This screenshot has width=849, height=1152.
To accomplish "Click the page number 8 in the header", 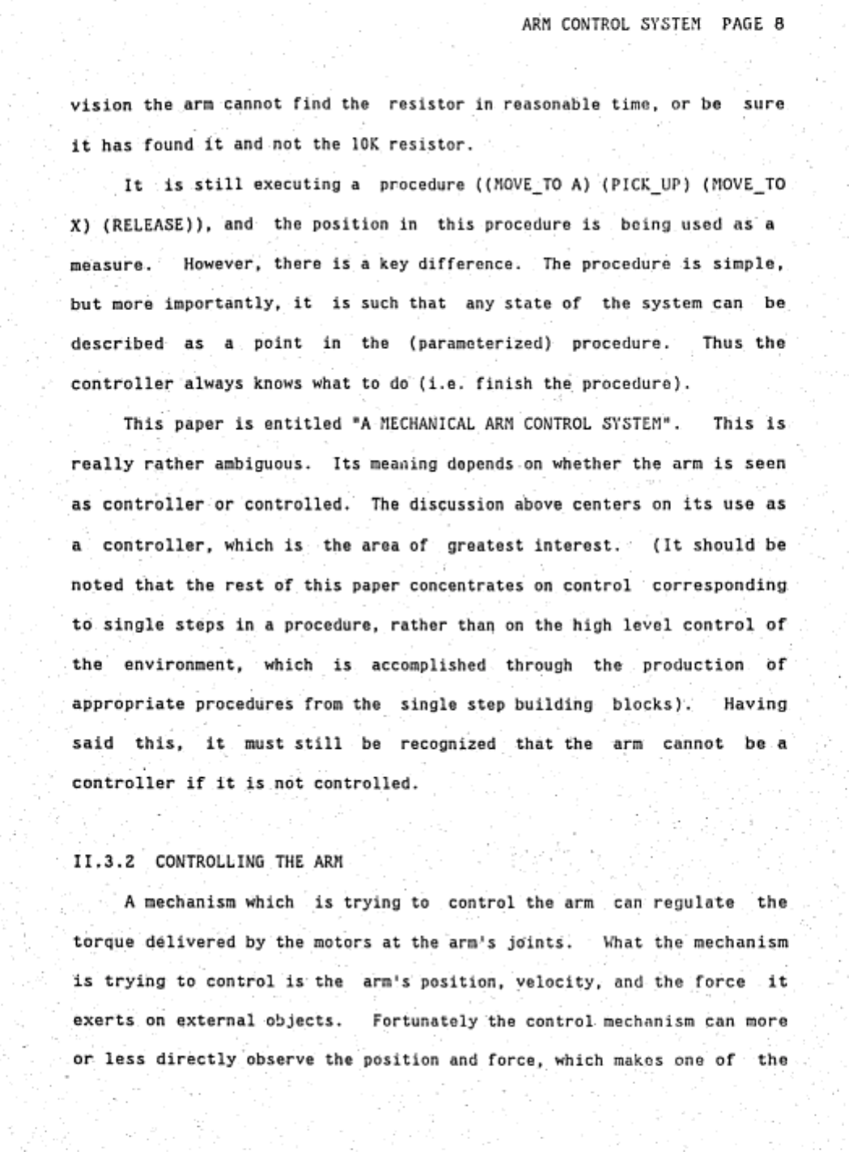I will [x=779, y=24].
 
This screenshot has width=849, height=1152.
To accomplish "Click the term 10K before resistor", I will [x=364, y=146].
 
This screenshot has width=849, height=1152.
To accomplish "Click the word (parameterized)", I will [x=481, y=343].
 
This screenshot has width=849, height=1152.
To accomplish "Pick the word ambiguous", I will [x=264, y=465].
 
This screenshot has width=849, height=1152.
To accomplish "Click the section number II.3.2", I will [x=104, y=861].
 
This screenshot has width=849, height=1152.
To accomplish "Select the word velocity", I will [x=562, y=982].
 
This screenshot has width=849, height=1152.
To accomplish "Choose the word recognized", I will [x=448, y=744].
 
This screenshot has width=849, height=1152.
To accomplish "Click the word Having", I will [x=754, y=704].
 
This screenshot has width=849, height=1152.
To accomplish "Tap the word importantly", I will [x=228, y=304].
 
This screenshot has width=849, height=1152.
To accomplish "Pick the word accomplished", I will [x=429, y=665].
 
